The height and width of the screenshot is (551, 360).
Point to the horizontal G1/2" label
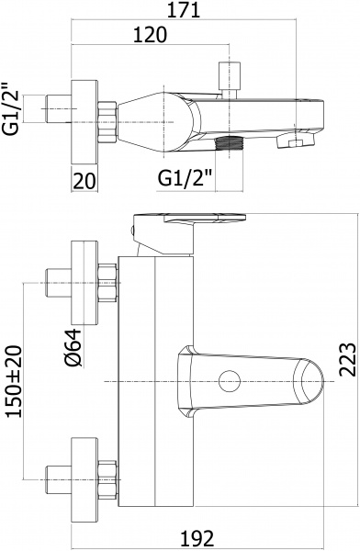(185, 174)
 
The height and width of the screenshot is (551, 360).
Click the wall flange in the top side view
(85, 110)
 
